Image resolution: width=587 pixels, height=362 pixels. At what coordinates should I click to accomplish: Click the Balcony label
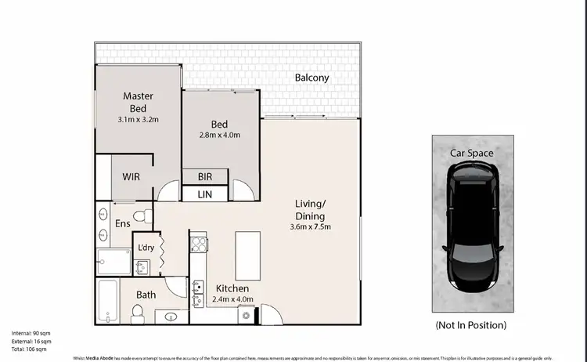click(x=312, y=78)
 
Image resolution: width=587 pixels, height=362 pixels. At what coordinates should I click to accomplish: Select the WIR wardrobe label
click(x=131, y=176)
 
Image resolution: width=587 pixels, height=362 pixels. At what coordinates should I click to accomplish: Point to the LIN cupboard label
click(x=204, y=194)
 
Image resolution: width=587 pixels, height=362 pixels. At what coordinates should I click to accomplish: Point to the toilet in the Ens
click(x=141, y=214)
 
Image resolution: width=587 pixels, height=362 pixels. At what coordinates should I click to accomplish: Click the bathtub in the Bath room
click(x=108, y=300)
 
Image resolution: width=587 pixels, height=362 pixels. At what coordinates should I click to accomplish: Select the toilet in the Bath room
click(x=138, y=313)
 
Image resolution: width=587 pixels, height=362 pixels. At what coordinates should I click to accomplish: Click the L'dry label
click(x=146, y=248)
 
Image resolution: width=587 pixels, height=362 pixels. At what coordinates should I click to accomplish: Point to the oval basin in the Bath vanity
click(x=171, y=317)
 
